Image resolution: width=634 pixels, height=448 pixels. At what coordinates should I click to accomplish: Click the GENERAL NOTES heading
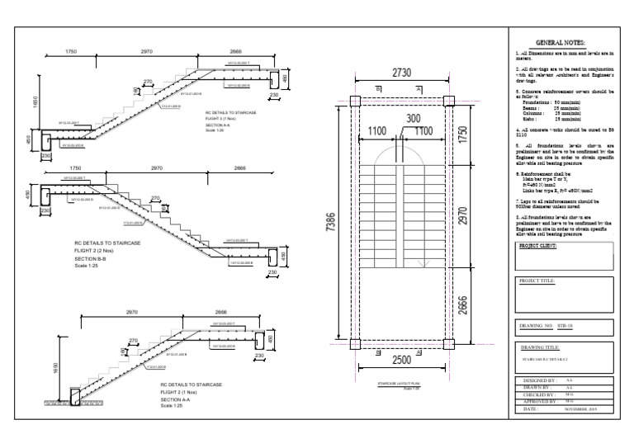pyautogui.click(x=561, y=42)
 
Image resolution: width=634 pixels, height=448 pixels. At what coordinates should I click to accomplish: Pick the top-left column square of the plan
pyautogui.click(x=353, y=101)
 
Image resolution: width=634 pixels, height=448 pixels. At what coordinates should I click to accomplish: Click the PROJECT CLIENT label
pyautogui.click(x=538, y=247)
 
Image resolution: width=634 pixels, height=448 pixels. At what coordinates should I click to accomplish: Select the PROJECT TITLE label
pyautogui.click(x=537, y=281)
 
